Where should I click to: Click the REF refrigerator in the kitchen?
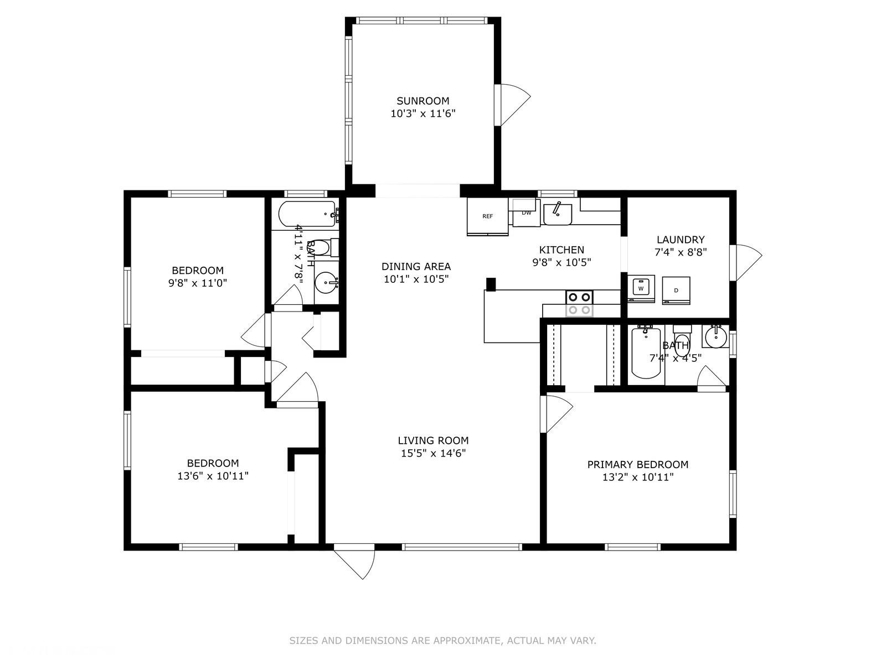click(487, 216)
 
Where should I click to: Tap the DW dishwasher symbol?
click(527, 212)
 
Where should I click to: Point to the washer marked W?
click(641, 289)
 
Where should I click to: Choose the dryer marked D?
click(676, 290)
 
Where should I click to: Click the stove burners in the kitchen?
click(579, 303)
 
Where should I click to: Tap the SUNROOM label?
click(423, 101)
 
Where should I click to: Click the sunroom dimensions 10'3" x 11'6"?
click(423, 113)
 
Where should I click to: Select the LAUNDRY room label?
click(681, 240)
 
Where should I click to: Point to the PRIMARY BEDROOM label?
click(638, 464)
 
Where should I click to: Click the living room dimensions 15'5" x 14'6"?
click(433, 453)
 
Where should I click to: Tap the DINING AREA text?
click(416, 267)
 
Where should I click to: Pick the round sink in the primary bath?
click(716, 337)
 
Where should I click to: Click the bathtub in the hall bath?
click(307, 214)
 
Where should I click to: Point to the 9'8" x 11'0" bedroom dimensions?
click(197, 283)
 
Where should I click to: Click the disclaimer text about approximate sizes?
click(442, 641)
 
